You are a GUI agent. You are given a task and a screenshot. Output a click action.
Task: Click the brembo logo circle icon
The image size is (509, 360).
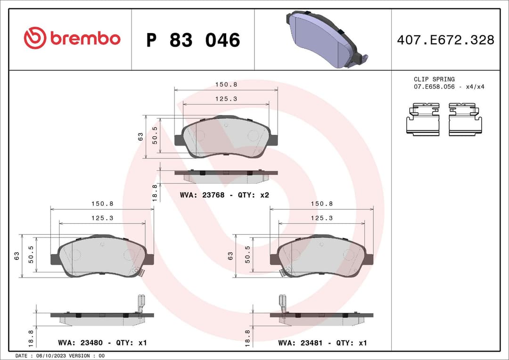tap(35, 38)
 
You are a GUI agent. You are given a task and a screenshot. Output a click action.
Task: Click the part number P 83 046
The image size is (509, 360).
tap(193, 40)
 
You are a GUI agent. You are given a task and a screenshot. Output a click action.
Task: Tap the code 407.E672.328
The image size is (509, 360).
tap(445, 40)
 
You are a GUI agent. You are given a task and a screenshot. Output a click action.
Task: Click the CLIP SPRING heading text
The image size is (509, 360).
tap(434, 79)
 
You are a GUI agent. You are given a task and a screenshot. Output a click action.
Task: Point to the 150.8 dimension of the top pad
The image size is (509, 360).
tap(226, 84)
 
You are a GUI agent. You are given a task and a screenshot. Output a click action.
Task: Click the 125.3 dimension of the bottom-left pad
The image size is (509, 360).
tap(102, 218)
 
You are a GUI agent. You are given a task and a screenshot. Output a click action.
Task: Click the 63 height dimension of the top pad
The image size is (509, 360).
tap(140, 137)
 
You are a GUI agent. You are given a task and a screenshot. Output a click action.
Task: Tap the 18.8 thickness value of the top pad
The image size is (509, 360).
tap(154, 193)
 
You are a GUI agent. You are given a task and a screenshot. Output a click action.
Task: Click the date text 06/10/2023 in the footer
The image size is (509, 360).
tap(45, 356)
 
